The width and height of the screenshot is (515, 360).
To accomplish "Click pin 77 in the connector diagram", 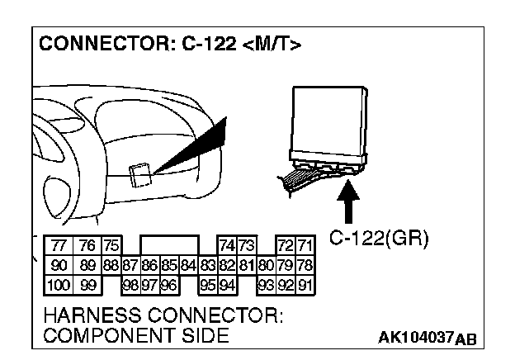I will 59,245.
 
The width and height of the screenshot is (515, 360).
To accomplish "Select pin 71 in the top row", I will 306,245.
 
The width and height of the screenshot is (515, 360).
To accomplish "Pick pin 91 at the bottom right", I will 306,285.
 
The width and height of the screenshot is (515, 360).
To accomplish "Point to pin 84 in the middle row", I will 188,265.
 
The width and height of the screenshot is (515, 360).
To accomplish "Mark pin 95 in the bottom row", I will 208,285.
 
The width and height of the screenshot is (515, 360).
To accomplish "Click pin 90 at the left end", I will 59,265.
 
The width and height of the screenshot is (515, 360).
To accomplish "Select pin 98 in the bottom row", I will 130,285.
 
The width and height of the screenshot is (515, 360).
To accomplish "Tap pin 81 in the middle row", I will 247,265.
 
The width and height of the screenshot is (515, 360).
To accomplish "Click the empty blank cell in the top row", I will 169,245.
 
